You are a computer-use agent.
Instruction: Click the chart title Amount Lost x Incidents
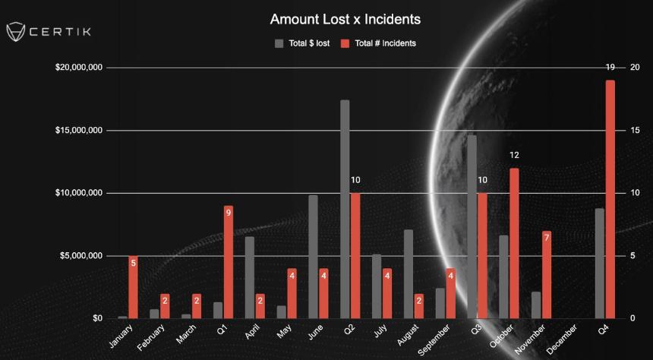click(x=345, y=18)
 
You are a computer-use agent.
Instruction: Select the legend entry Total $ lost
click(x=301, y=43)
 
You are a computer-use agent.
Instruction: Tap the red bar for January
click(x=133, y=287)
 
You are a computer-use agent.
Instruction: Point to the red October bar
click(x=514, y=243)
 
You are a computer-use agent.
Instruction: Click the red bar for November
click(x=546, y=274)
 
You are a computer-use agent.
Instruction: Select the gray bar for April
click(x=250, y=277)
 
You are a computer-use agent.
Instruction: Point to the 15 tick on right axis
click(x=635, y=131)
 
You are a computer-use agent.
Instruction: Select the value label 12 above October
click(x=514, y=155)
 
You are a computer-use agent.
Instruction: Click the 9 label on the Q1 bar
click(x=229, y=213)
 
